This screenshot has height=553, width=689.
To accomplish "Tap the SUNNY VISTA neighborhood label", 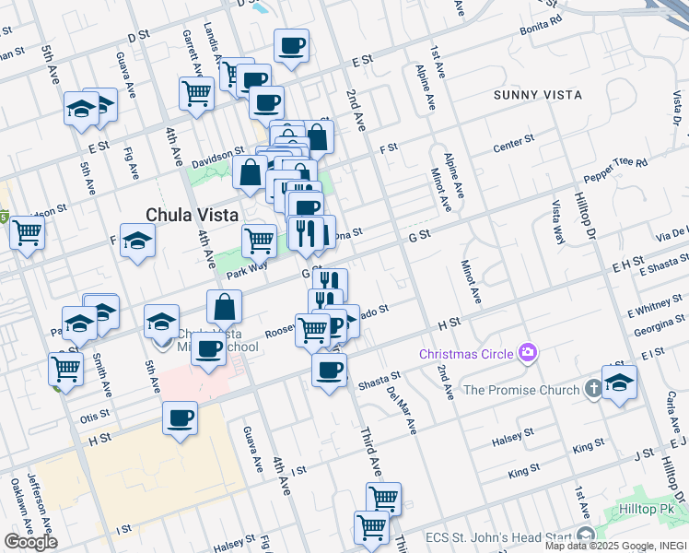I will [x=537, y=95].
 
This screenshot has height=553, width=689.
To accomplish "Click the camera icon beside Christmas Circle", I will [x=527, y=352].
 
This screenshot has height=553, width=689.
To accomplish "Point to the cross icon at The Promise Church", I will [x=594, y=390].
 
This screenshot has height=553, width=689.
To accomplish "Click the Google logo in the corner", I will [x=30, y=542].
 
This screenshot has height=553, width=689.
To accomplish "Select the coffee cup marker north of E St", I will [x=291, y=45].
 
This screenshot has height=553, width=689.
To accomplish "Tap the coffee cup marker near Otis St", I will [x=181, y=418].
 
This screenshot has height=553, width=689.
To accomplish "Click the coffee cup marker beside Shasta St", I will [x=329, y=371].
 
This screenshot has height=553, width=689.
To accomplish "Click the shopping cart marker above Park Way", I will [x=260, y=240].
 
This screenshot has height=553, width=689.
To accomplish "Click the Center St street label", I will [x=513, y=146].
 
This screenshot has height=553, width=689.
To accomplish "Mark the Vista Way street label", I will [x=556, y=222].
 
